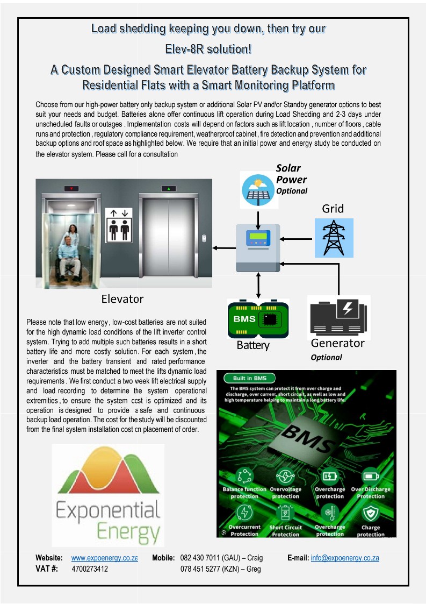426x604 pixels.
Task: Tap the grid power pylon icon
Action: click(334, 237)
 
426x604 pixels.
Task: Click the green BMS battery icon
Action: click(258, 320)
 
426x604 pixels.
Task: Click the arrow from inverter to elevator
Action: click(225, 248)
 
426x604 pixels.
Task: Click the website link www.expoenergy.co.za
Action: click(105, 558)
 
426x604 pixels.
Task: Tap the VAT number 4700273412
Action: click(90, 569)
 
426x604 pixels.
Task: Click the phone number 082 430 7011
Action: click(199, 558)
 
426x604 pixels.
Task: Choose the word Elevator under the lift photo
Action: click(122, 299)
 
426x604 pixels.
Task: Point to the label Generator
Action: click(337, 343)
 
